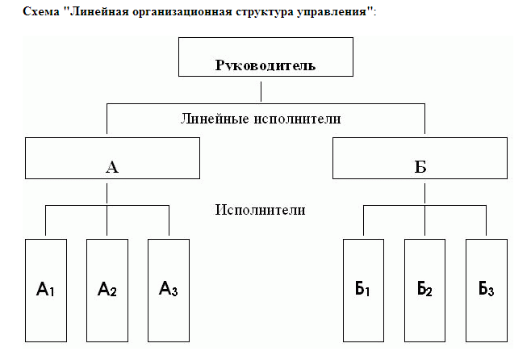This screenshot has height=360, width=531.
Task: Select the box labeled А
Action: click(112, 158)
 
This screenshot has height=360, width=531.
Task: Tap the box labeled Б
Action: click(420, 158)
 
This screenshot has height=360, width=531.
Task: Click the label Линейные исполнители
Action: click(260, 119)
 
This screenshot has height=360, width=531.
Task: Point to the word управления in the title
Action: click(333, 15)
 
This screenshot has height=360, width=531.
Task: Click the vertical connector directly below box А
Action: click(107, 192)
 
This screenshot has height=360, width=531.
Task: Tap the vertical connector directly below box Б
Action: click(424, 192)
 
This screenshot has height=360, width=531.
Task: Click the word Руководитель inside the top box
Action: click(265, 65)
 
